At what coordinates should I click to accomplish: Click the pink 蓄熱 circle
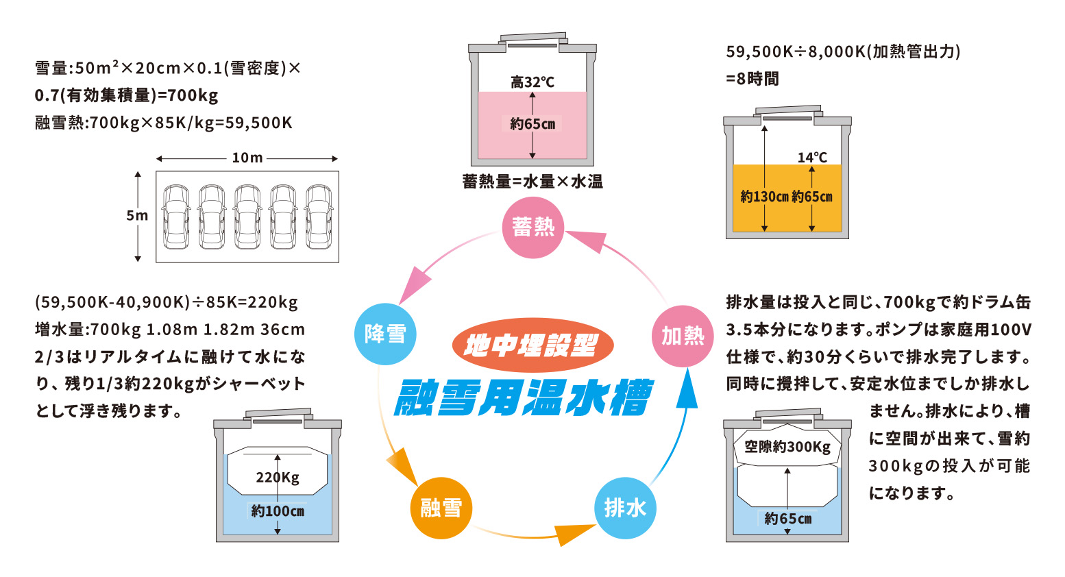532,228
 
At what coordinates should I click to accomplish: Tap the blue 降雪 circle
385,334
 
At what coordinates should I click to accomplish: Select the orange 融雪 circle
441,508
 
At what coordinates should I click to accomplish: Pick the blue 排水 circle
625,508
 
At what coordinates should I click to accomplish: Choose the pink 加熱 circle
683,335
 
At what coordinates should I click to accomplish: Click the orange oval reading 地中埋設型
532,345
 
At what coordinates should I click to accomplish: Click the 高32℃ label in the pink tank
532,82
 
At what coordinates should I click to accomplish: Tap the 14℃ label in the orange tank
812,158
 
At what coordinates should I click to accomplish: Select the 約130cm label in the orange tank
764,197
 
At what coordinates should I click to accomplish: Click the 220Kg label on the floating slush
278,477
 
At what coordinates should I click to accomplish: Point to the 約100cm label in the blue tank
278,511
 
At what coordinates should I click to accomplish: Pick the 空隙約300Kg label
787,447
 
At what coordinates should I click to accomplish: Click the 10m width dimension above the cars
247,158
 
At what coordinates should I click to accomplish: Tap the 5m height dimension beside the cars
137,215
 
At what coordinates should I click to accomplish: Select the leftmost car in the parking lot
176,217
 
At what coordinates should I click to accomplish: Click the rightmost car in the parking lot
319,217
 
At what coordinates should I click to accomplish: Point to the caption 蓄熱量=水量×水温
532,182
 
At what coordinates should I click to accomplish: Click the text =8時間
752,79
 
